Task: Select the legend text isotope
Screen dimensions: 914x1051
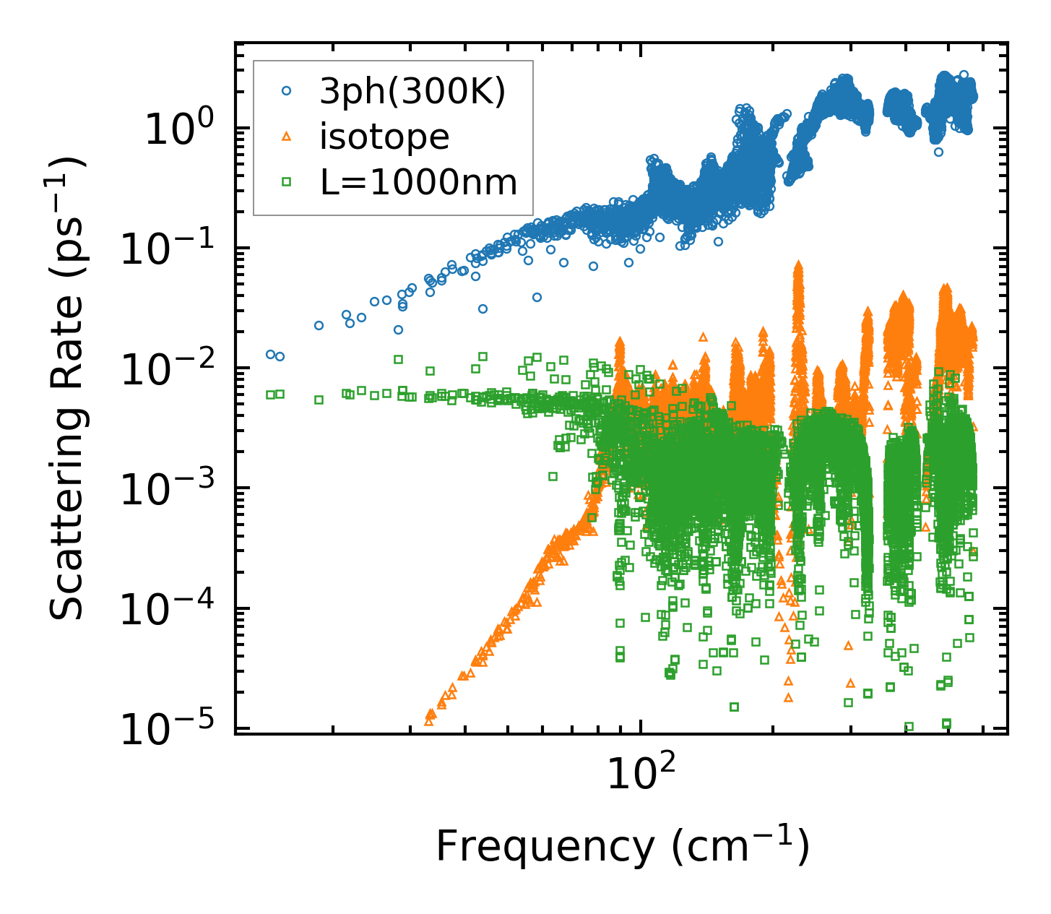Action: pyautogui.click(x=384, y=137)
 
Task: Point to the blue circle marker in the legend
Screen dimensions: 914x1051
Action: pyautogui.click(x=287, y=91)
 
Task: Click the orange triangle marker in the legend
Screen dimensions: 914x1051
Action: pyautogui.click(x=287, y=137)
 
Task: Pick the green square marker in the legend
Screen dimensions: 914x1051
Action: pyautogui.click(x=287, y=182)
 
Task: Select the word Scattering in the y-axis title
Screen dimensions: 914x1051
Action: pyautogui.click(x=66, y=499)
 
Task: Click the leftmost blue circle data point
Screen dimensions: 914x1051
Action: pyautogui.click(x=270, y=354)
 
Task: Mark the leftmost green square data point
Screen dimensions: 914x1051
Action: pyautogui.click(x=270, y=395)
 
